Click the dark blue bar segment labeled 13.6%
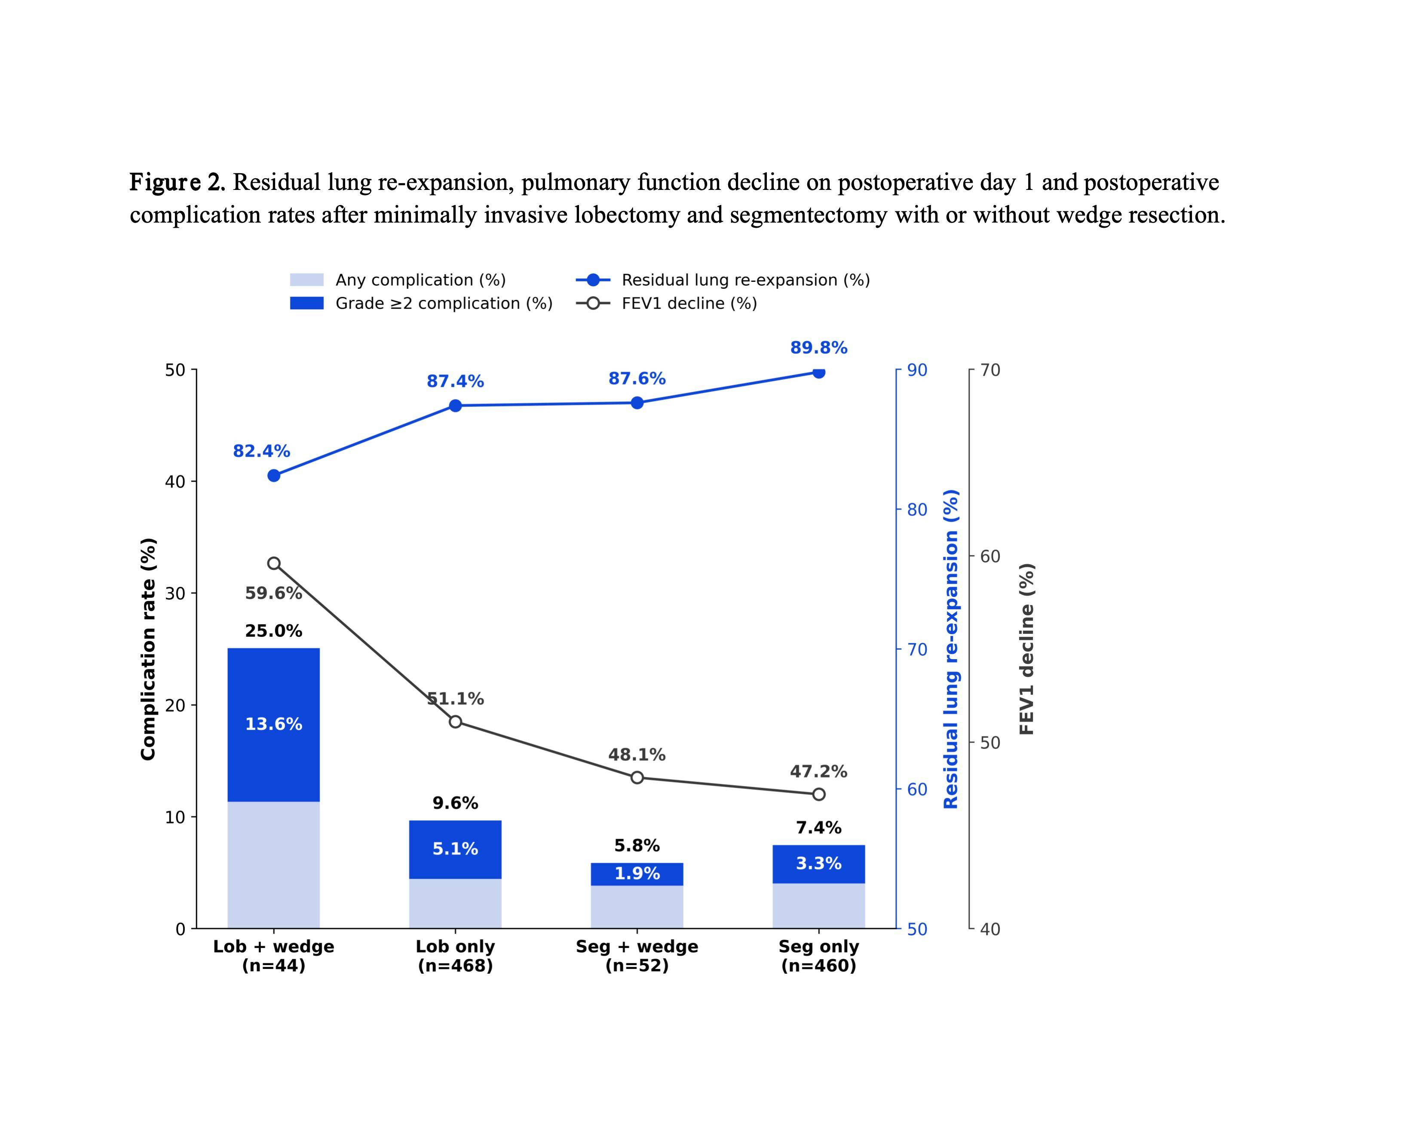click(x=273, y=725)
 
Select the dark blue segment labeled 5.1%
click(x=455, y=850)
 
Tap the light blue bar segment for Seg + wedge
click(x=637, y=907)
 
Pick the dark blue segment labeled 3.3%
click(x=819, y=864)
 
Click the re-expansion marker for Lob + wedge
click(x=274, y=475)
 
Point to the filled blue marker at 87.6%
click(x=637, y=403)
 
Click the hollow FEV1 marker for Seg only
click(x=819, y=794)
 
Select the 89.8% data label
click(x=819, y=348)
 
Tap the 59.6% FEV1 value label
click(x=273, y=593)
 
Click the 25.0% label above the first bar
click(x=273, y=631)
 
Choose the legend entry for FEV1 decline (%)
click(x=667, y=304)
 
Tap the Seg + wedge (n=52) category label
click(x=637, y=956)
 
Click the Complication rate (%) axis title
click(x=149, y=649)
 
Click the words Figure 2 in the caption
click(x=178, y=182)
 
